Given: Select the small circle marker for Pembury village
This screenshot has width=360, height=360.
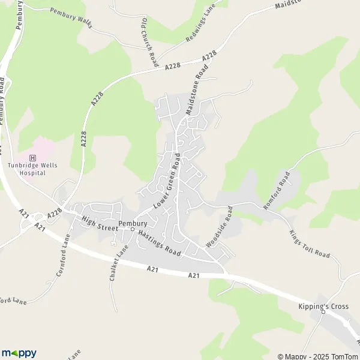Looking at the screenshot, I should pos(133,229).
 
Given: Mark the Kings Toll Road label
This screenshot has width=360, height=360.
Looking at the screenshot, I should pos(310,244).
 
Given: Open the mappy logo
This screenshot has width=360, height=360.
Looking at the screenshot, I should pos(19,353).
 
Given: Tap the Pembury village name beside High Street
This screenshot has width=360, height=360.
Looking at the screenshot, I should pos(133,223).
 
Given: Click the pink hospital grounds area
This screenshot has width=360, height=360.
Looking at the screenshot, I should pos(41,151).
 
